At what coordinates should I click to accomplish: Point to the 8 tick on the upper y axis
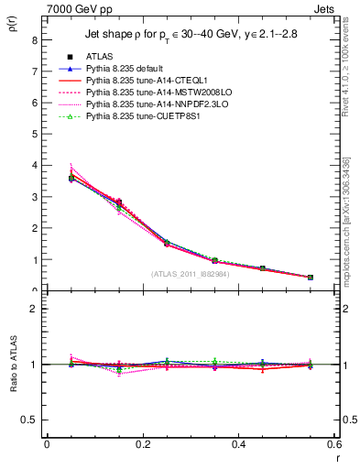coord(33,40)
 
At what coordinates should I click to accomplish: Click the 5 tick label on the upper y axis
coord(33,135)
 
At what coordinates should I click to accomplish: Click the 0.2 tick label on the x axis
coord(142,444)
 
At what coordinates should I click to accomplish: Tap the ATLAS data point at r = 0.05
coord(71,178)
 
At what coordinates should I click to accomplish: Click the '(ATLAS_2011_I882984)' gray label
coord(191,273)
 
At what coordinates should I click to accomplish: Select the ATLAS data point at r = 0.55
coord(310,277)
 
